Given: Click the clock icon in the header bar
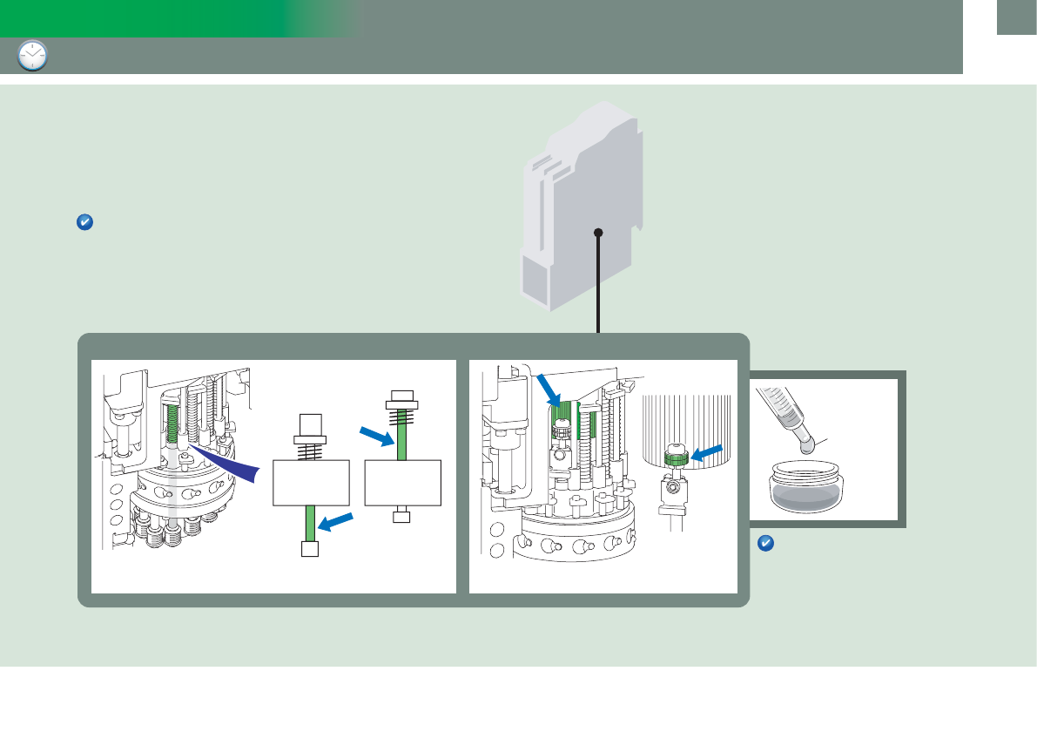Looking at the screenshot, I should pos(32,56).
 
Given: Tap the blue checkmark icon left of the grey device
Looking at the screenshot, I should pos(84,223).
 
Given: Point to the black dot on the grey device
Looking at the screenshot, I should pos(598,232).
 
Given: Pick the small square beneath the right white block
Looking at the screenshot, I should pos(401,517).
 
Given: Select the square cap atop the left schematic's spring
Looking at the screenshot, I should pos(311,424).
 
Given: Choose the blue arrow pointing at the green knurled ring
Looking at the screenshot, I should pos(706,451).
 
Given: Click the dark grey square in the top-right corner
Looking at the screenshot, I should pos(1016,17).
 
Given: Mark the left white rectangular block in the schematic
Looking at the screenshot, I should pos(311,483).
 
